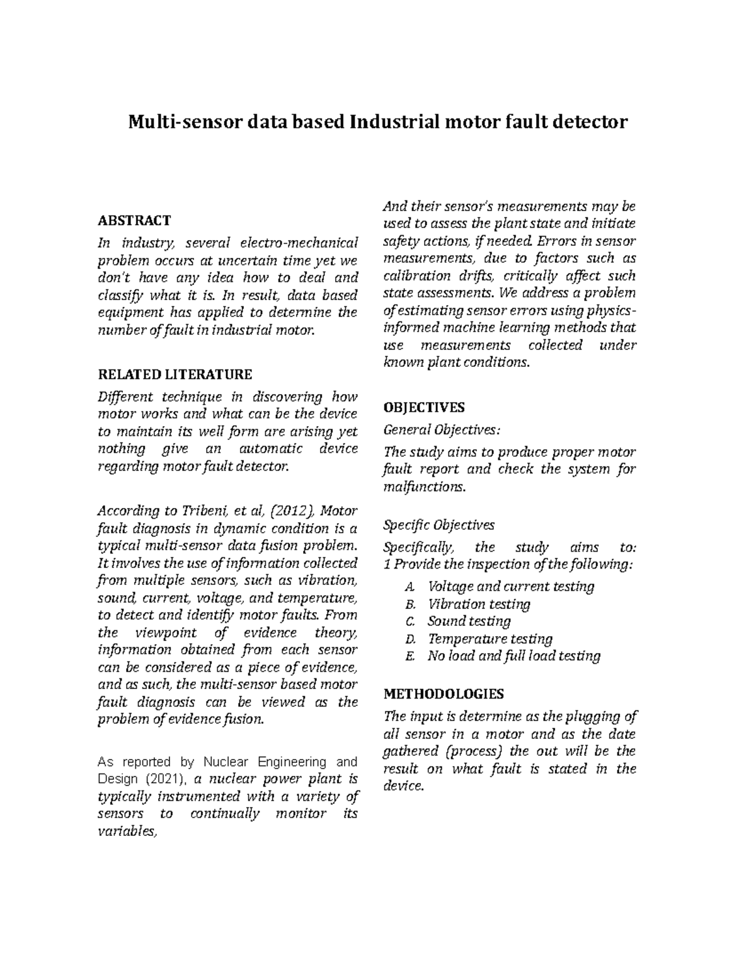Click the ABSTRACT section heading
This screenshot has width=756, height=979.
(134, 220)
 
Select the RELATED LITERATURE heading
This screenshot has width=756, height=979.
(175, 374)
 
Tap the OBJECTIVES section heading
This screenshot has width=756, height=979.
(423, 407)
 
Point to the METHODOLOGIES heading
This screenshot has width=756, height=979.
(444, 694)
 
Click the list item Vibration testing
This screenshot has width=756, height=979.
(479, 604)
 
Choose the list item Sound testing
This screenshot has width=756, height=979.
(469, 621)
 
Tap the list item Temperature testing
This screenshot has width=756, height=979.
(490, 639)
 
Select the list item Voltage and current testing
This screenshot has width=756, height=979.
(510, 586)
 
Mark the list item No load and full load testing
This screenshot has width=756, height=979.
(513, 656)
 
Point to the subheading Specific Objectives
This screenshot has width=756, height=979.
(439, 524)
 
